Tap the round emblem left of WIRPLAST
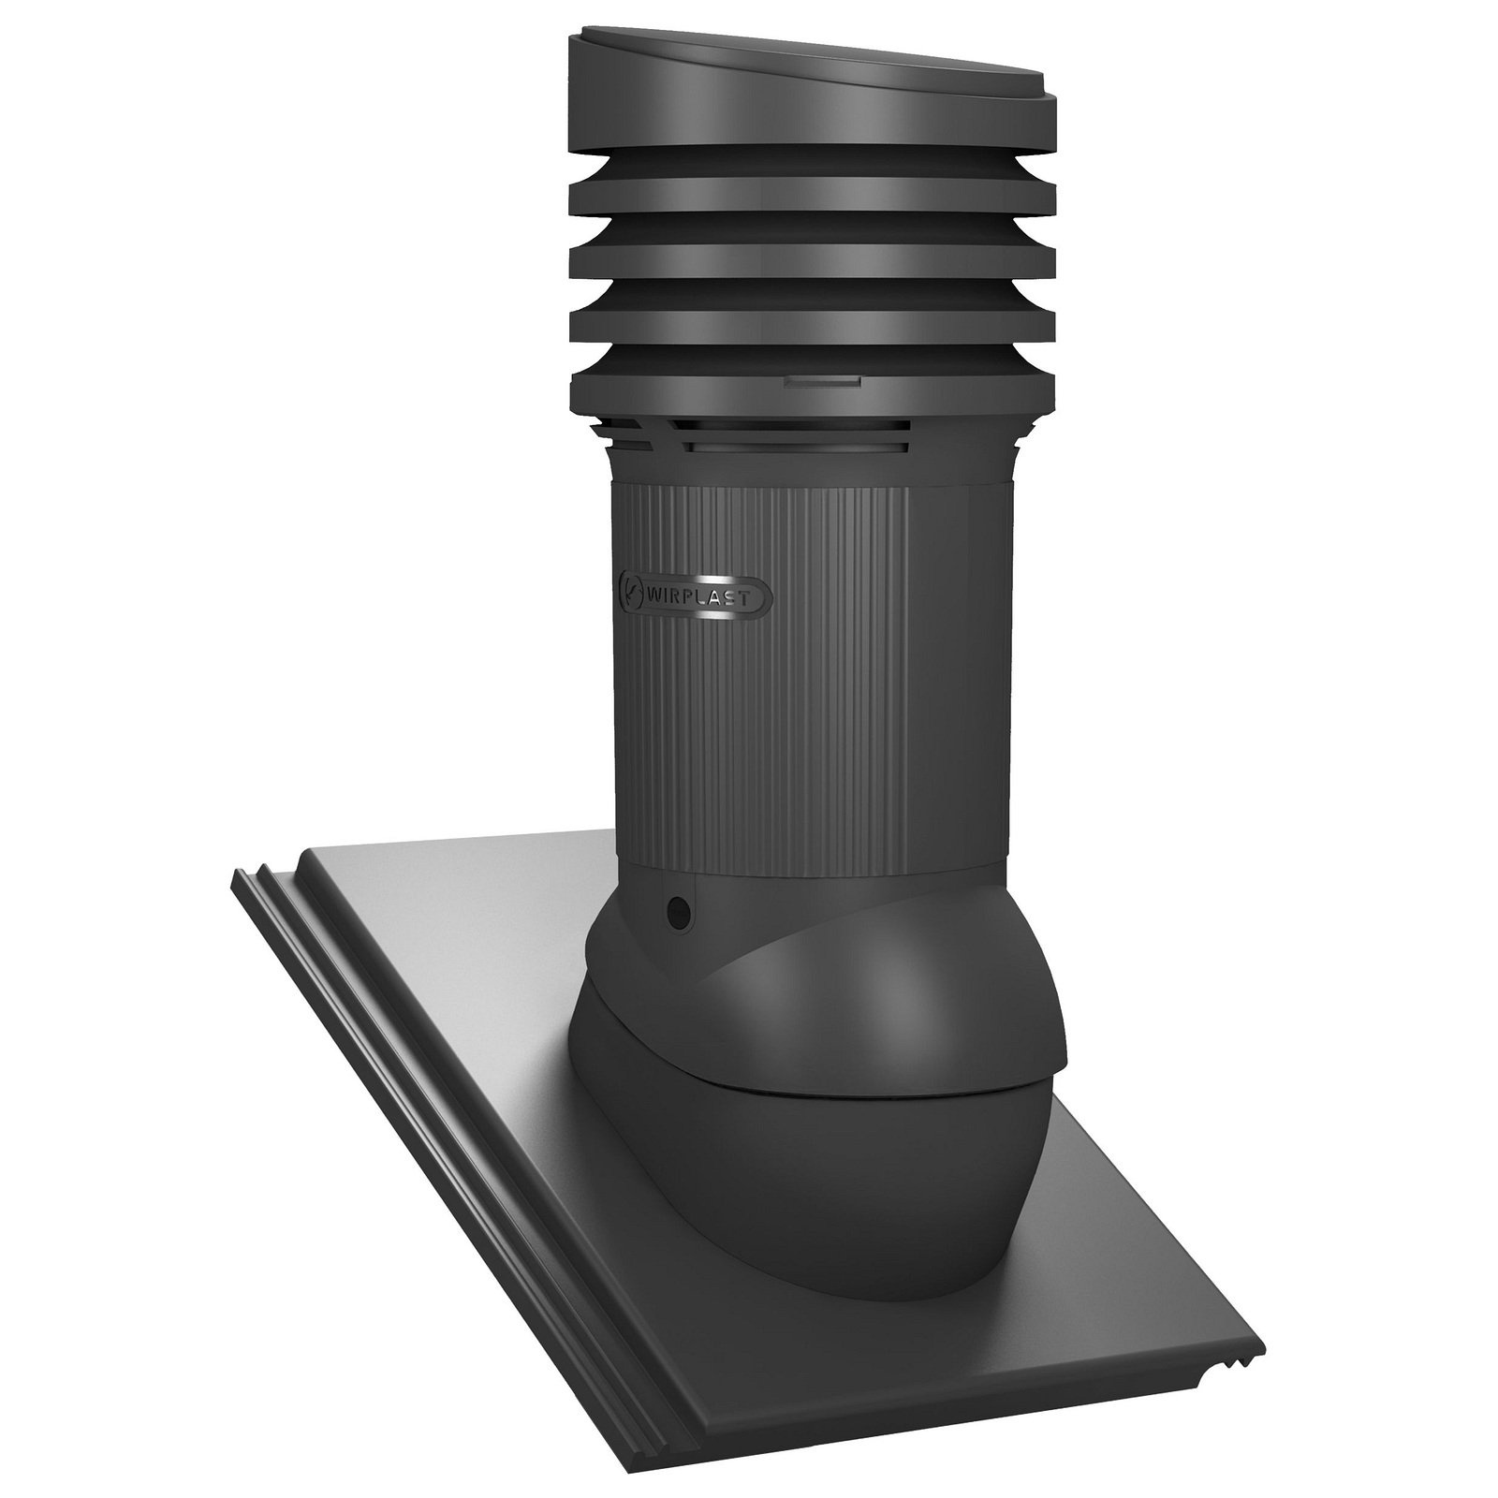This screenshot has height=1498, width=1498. pyautogui.click(x=630, y=584)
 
